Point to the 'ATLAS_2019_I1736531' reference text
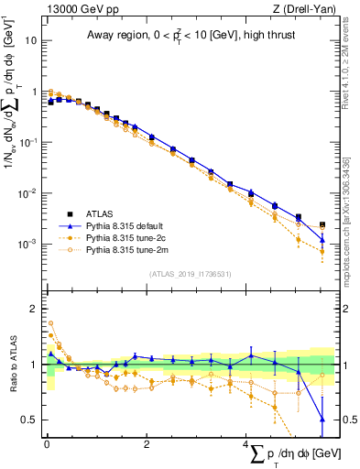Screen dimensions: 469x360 (190, 274)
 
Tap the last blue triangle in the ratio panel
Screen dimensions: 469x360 (322, 420)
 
